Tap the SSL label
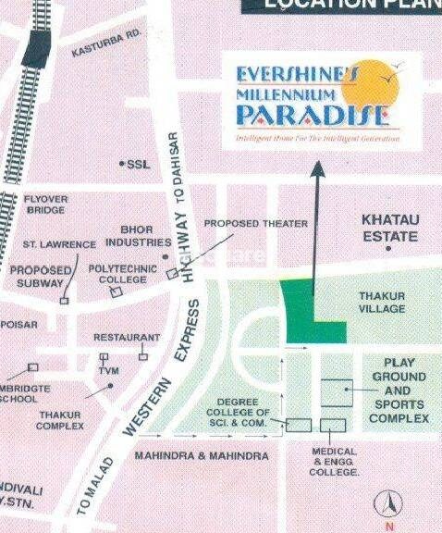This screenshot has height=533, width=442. pos(138,164)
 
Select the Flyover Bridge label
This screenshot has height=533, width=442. pos(44,205)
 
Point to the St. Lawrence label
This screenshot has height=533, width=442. pos(60,244)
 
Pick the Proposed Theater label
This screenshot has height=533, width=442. pos(255,224)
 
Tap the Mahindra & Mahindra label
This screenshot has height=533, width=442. pos(201,456)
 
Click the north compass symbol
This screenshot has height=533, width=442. pos(387,504)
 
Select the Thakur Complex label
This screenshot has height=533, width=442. pos(60,421)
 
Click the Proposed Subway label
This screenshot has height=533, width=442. pos(41,277)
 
